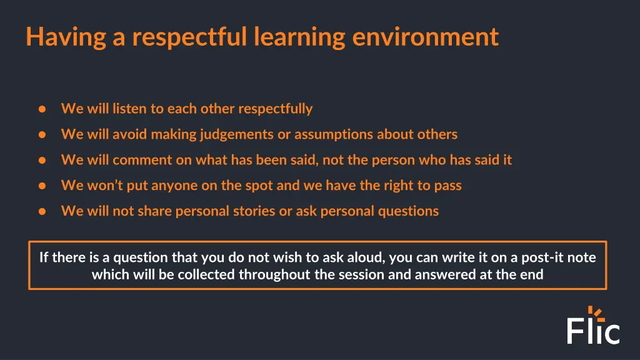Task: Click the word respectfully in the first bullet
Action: pyautogui.click(x=275, y=109)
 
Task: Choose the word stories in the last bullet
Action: pyautogui.click(x=254, y=211)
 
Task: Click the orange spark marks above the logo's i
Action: pyautogui.click(x=594, y=311)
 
